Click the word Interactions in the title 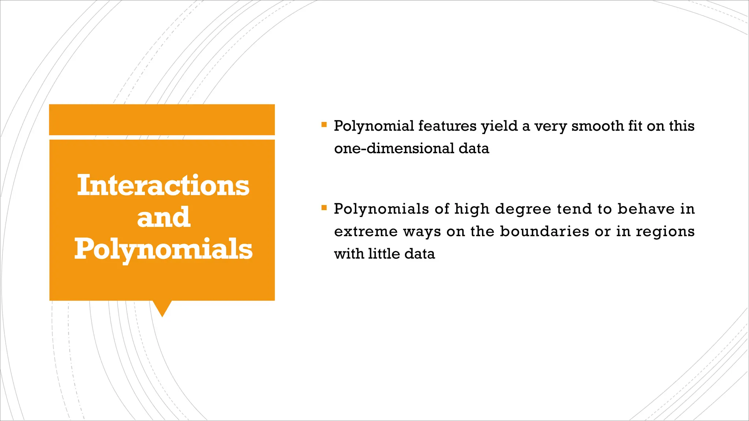[163, 186]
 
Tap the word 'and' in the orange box [163, 217]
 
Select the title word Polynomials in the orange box [163, 249]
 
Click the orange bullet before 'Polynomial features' [324, 125]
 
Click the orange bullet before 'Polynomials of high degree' [324, 208]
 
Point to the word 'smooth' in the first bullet [597, 126]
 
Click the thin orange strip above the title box [162, 120]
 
